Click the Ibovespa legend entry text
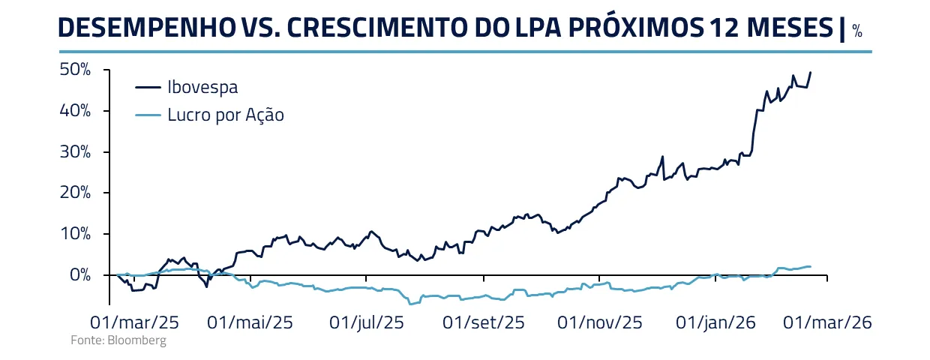202,87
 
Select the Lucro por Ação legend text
226,115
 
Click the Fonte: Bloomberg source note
118,340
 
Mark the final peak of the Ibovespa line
811,72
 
